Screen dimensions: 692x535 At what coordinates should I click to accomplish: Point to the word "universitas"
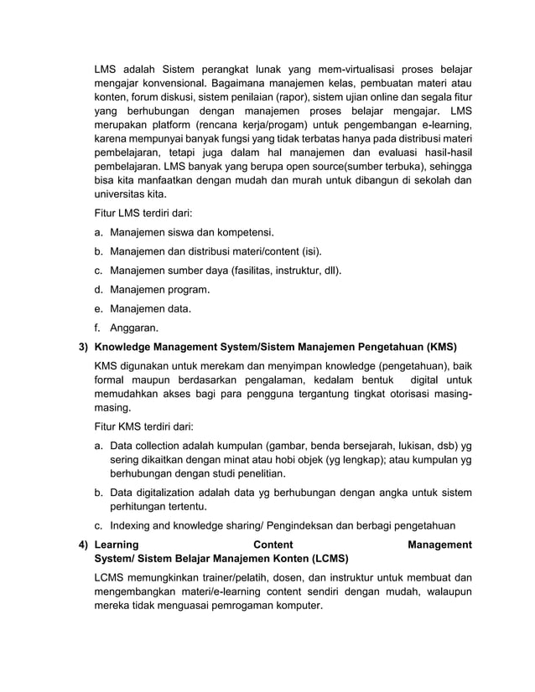(x=122, y=191)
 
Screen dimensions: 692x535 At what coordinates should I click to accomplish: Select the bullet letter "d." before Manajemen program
(x=99, y=290)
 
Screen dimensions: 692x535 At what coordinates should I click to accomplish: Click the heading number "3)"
(x=83, y=347)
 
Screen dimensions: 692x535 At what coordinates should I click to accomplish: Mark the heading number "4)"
(x=83, y=545)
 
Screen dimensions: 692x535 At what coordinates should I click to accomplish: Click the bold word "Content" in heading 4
(x=273, y=545)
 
